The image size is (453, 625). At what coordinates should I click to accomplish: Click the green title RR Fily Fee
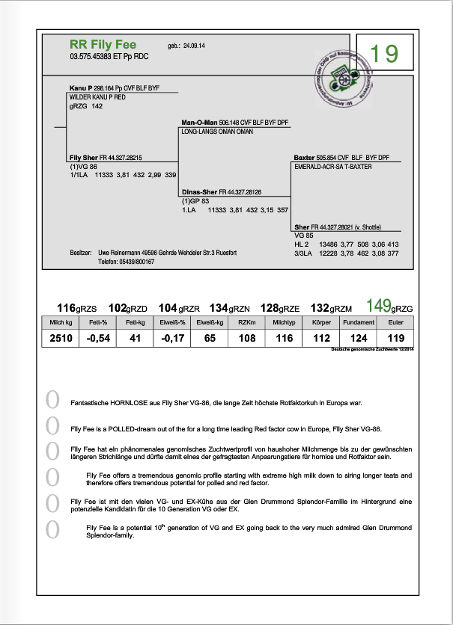click(x=103, y=45)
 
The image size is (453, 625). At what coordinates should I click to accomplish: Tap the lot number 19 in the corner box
click(x=384, y=53)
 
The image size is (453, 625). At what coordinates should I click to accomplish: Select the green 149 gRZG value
click(x=380, y=306)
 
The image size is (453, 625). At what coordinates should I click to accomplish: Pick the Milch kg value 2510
click(x=62, y=339)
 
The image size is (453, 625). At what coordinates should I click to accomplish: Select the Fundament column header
click(x=357, y=322)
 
